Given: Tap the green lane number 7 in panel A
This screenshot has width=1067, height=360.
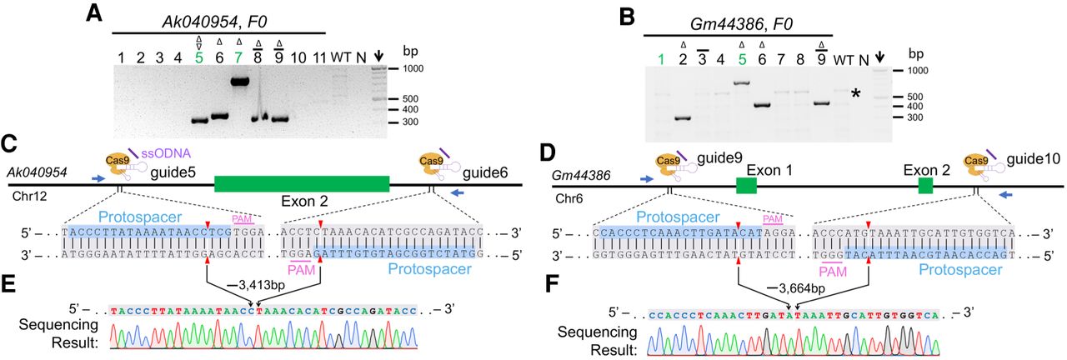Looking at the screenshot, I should [x=239, y=57].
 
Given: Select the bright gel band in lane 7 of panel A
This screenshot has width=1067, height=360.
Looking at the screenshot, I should [x=241, y=82].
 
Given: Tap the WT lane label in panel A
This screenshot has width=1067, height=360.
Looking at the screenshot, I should [x=340, y=57].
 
